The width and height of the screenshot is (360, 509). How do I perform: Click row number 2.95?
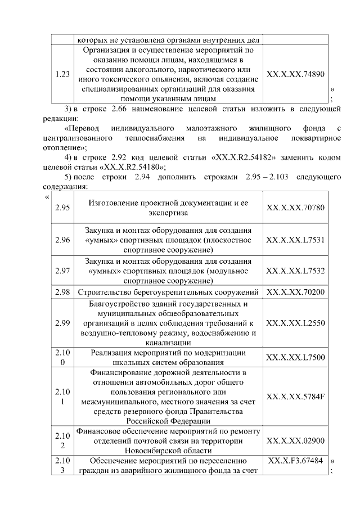63,208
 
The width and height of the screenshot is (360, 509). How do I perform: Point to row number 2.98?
63,292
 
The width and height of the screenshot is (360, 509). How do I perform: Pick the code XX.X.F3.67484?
295,461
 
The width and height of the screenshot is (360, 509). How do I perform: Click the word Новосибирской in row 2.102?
169,451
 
